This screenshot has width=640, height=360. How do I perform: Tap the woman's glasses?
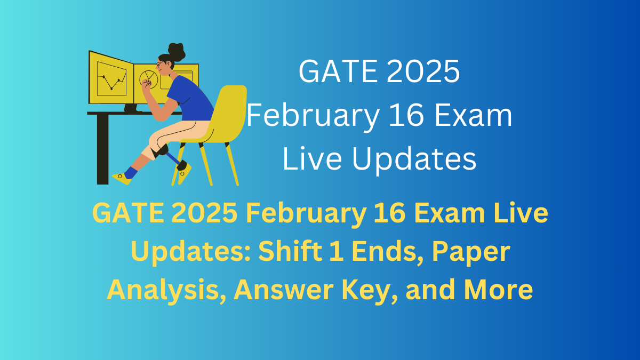point(160,65)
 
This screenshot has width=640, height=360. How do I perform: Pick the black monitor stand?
point(131,108)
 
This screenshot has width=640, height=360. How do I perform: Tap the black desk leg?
point(102,149)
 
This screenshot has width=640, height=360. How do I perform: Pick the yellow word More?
point(498,290)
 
